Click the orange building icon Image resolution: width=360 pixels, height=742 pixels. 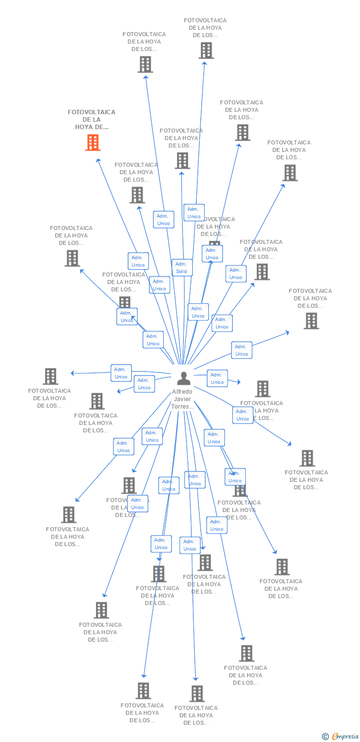coord(92,142)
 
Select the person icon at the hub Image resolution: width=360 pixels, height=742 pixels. coord(183,378)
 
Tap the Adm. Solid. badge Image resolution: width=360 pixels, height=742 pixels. coord(182,268)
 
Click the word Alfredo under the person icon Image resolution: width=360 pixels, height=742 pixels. coord(182,392)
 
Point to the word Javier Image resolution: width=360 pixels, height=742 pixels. coord(182,399)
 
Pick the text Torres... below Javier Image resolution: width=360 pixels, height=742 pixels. coord(182,407)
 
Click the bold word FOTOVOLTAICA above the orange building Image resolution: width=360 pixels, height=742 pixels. coord(91,112)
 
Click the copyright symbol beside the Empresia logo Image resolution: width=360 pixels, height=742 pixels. coord(325,737)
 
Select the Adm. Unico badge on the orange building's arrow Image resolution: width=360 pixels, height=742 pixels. coord(138,261)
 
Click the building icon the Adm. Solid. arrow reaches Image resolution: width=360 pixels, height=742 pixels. coord(182,160)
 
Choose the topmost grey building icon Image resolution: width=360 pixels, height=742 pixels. coord(206,50)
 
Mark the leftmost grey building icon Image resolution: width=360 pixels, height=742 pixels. coord(50,376)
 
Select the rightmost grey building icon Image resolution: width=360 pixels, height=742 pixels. coord(311,321)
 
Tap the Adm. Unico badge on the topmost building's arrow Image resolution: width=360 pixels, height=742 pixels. coord(194,213)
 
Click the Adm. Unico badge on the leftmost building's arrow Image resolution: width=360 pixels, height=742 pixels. coord(121,373)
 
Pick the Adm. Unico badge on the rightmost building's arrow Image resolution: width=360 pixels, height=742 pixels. coord(241,350)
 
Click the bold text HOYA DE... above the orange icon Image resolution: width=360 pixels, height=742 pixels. coord(91,127)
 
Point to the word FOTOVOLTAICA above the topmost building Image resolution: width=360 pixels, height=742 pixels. coord(205,20)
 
